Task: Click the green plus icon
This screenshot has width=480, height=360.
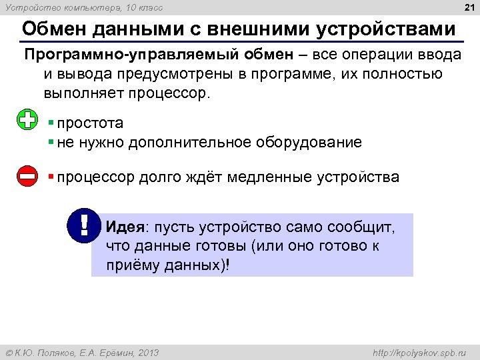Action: (27, 121)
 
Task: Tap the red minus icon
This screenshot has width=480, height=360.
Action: (27, 177)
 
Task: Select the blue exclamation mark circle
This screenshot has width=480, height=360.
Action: (84, 226)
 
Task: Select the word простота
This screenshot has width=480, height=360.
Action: (90, 123)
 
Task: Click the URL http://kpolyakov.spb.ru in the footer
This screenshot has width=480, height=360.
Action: (418, 352)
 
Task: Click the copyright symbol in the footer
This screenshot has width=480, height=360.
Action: (9, 352)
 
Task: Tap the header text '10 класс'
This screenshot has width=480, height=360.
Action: (144, 7)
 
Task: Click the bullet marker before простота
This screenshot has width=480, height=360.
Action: (51, 123)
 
